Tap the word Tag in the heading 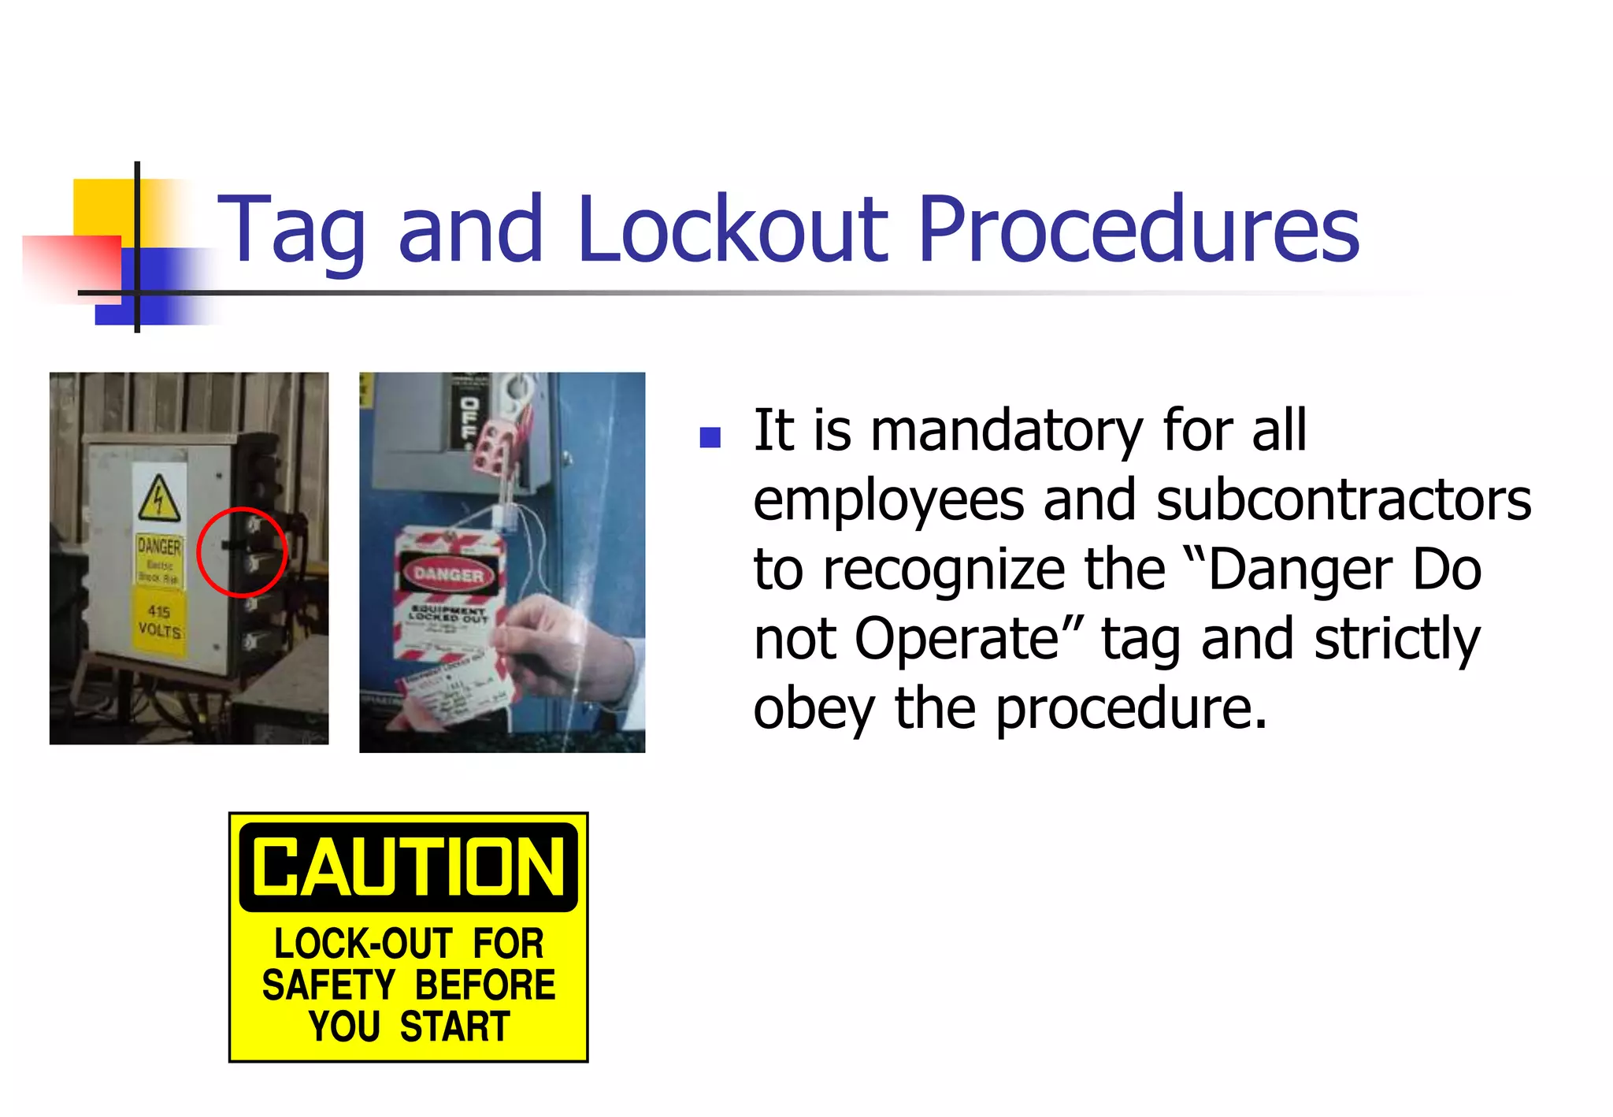click(291, 230)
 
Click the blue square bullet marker click(710, 437)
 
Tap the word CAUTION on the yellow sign click(408, 867)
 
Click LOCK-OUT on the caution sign click(362, 944)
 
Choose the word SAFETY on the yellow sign click(328, 985)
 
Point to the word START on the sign click(455, 1027)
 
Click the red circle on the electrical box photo click(242, 551)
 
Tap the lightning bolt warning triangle click(160, 499)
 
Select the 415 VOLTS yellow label click(160, 622)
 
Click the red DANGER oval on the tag click(448, 574)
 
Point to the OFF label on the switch click(469, 419)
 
